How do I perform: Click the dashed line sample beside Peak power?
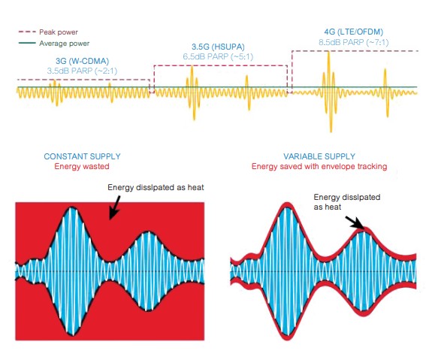click(x=27, y=32)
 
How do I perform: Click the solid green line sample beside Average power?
click(x=27, y=43)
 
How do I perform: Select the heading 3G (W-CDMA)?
click(x=82, y=61)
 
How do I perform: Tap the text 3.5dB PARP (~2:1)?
click(x=82, y=71)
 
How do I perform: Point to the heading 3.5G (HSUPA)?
click(x=218, y=47)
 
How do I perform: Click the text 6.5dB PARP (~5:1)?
click(x=218, y=56)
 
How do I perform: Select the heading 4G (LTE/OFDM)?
click(x=353, y=32)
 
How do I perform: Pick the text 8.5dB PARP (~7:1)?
click(x=353, y=42)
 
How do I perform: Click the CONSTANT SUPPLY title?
click(x=82, y=156)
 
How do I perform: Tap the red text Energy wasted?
click(x=82, y=166)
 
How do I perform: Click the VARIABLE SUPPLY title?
click(x=319, y=156)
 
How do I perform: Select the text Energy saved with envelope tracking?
click(x=319, y=166)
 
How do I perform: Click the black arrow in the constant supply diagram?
click(x=115, y=208)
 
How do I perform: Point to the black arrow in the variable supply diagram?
click(x=355, y=222)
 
